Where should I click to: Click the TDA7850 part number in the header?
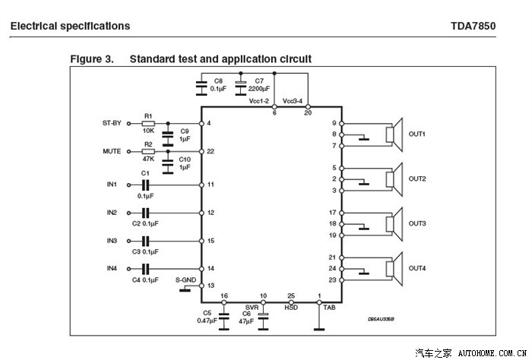tap(472, 26)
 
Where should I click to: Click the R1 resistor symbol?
tap(148, 123)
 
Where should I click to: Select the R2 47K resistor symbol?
tap(148, 151)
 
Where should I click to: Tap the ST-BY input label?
tap(112, 123)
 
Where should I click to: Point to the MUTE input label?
tap(112, 151)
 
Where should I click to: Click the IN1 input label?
tap(112, 185)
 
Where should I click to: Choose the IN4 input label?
tap(112, 268)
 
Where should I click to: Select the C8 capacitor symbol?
tap(201, 88)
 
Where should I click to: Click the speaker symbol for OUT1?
tap(394, 134)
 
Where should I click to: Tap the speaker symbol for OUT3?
tap(394, 224)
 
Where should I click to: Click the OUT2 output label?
tap(417, 179)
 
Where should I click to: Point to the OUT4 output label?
tap(417, 268)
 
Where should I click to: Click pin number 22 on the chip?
tap(211, 152)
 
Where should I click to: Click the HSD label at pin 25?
tap(291, 308)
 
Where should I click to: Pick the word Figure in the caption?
tap(87, 58)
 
